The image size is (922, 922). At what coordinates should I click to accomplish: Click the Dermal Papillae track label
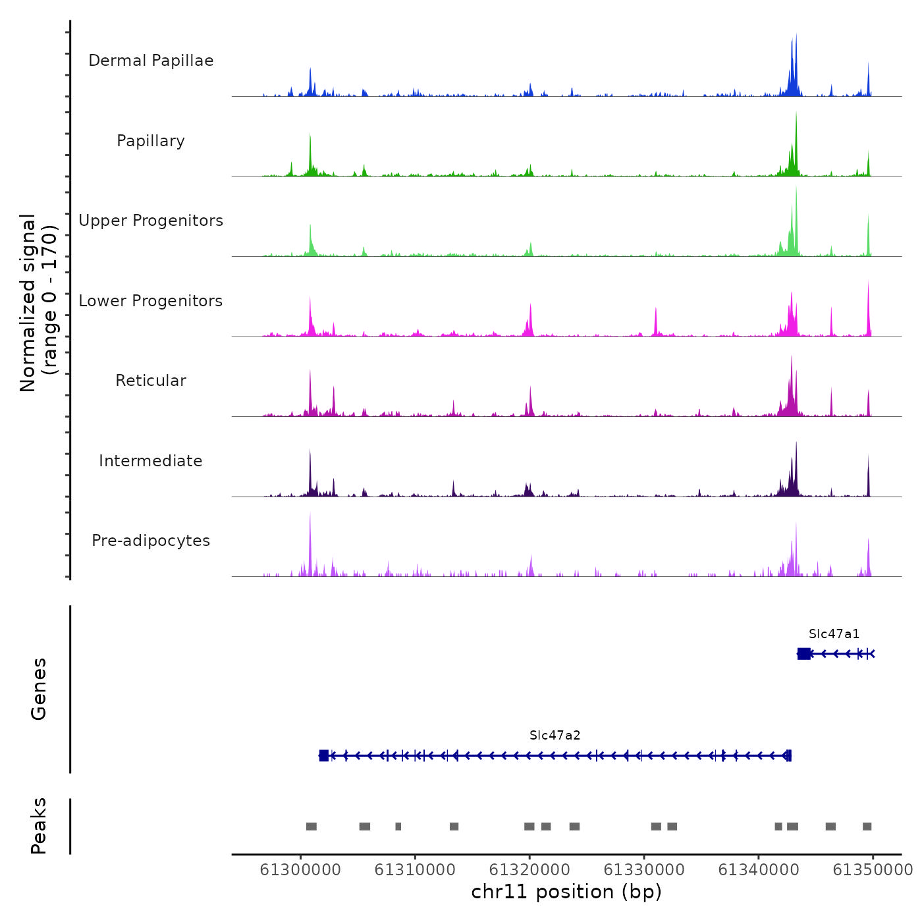click(151, 61)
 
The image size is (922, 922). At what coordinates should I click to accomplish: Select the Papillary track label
click(151, 141)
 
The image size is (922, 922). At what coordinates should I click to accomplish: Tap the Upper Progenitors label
click(151, 221)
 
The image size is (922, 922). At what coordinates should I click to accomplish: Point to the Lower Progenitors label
click(151, 301)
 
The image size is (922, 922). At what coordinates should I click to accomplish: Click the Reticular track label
click(151, 381)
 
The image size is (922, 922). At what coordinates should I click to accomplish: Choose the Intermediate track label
click(151, 461)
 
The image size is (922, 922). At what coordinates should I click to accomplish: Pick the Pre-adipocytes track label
click(151, 541)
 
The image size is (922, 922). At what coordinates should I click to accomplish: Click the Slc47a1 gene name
click(834, 634)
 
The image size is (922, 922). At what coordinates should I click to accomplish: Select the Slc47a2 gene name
click(555, 736)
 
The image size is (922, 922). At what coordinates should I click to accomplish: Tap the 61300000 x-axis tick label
click(300, 870)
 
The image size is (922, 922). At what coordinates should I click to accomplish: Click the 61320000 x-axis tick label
click(529, 870)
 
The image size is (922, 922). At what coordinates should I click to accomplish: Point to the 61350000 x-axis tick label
click(873, 870)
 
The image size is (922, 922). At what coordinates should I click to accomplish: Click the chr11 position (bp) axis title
click(566, 892)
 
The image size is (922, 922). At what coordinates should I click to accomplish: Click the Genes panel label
click(39, 689)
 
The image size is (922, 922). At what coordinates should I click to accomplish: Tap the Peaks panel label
click(39, 826)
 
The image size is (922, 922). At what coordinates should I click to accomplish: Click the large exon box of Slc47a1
click(804, 653)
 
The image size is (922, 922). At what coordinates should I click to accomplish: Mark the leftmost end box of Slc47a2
click(323, 755)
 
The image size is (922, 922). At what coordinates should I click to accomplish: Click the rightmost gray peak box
click(867, 827)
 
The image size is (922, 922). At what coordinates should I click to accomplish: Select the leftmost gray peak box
click(312, 827)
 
